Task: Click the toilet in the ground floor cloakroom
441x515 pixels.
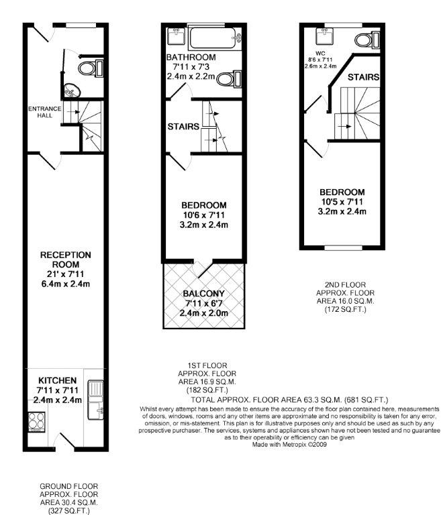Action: coord(89,67)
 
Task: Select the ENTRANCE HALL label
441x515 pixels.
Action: coord(42,112)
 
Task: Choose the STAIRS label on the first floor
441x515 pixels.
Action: coord(183,126)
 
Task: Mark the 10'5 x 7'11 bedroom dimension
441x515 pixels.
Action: coord(342,202)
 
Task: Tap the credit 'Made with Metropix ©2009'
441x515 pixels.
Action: coord(290,443)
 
